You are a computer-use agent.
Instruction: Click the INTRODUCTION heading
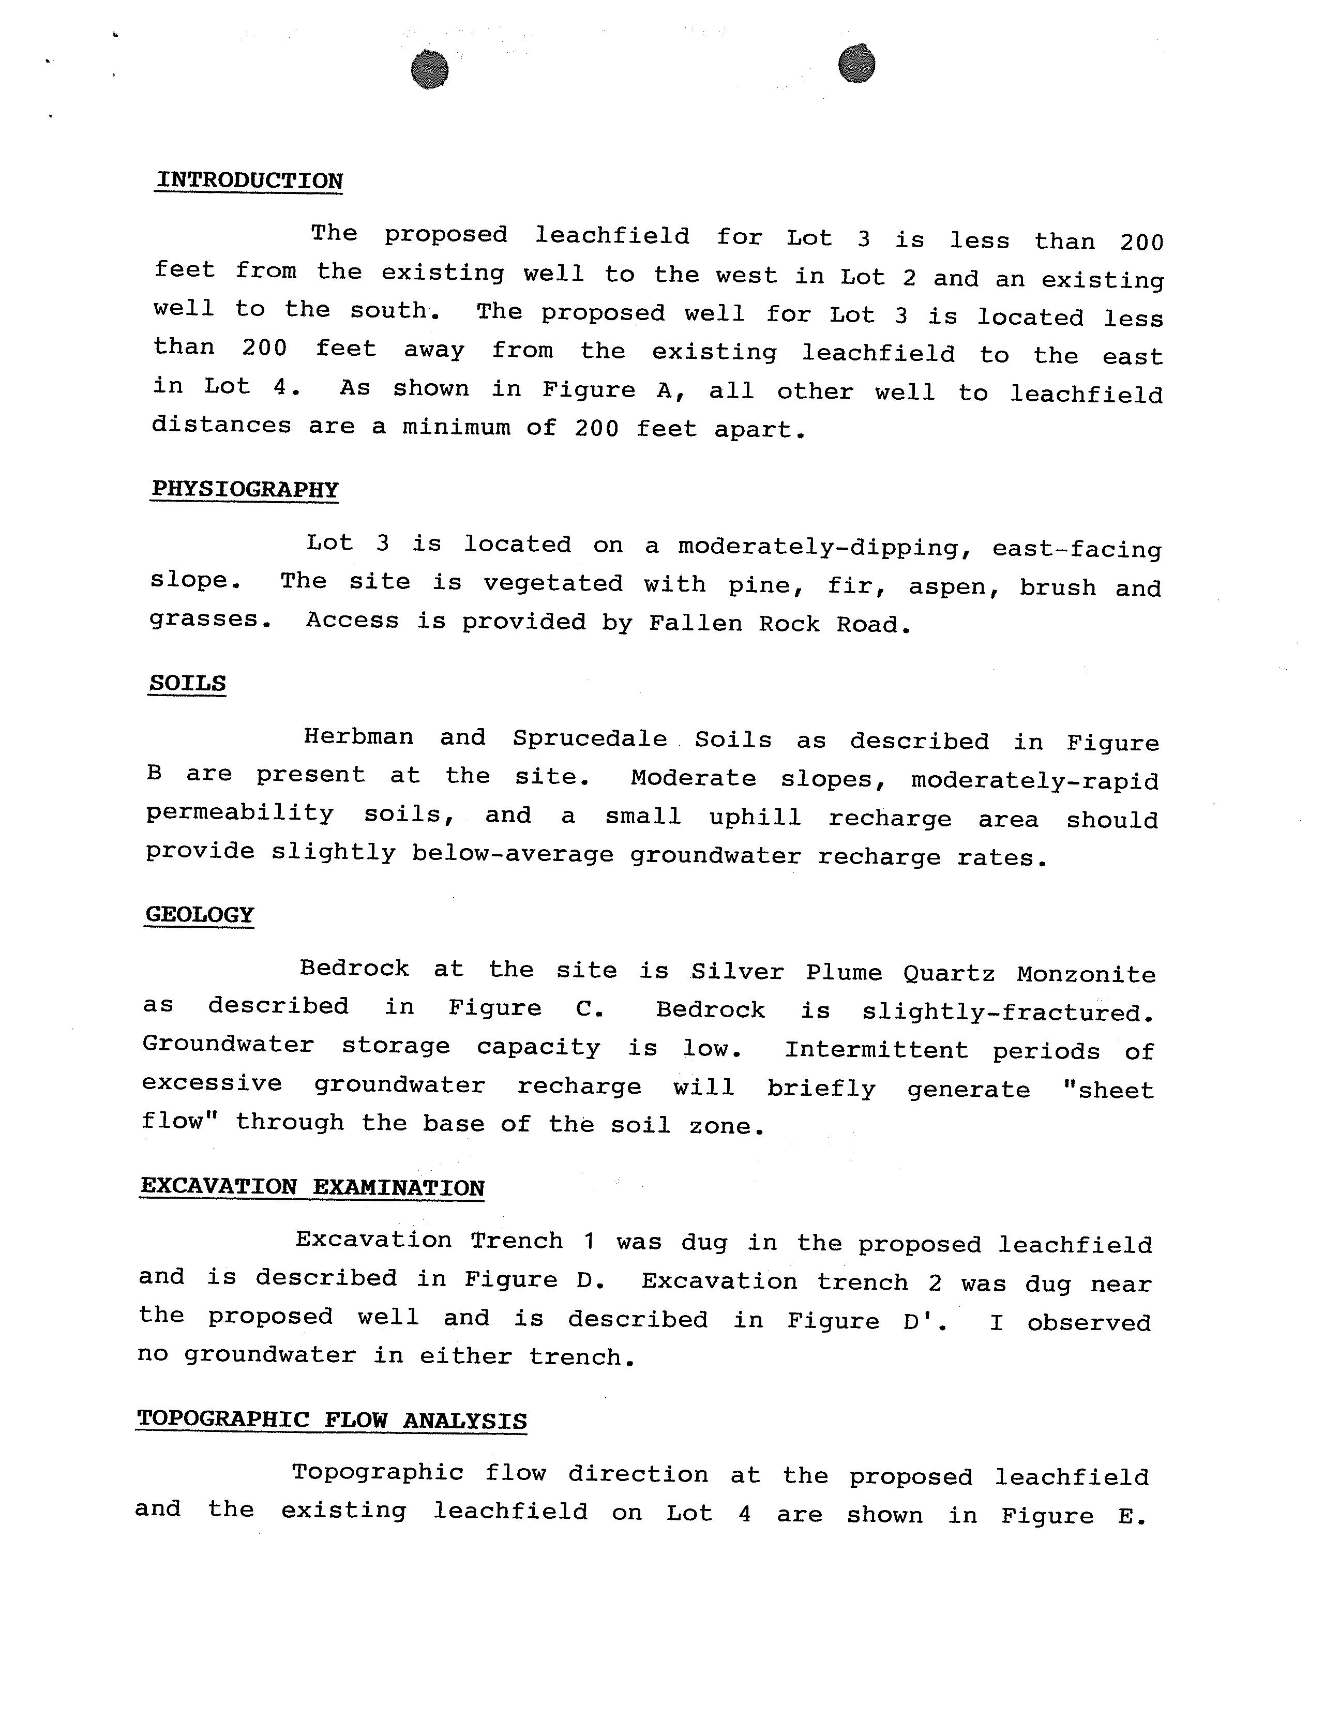(249, 180)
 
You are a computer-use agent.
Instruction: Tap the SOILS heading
(188, 683)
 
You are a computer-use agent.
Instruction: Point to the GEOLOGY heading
(200, 915)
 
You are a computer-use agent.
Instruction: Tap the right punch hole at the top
(856, 64)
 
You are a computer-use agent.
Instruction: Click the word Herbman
(358, 737)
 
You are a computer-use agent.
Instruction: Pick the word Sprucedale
(590, 738)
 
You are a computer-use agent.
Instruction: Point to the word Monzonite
(1086, 975)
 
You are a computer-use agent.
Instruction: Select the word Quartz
(949, 974)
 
